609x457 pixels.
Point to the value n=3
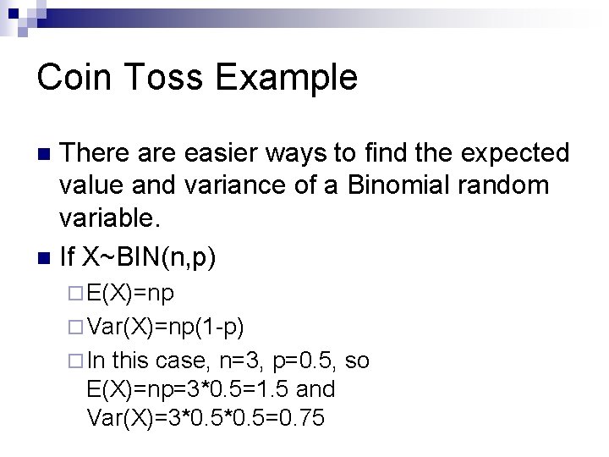(x=244, y=361)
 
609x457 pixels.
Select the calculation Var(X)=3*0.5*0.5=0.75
(x=205, y=418)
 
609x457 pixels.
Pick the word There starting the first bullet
(x=97, y=153)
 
